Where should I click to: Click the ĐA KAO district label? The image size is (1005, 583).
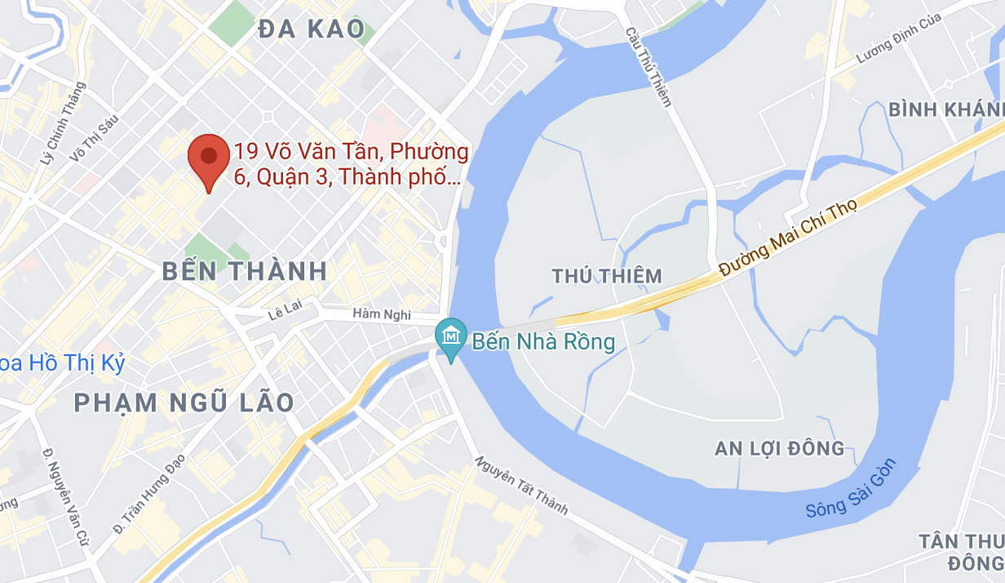click(311, 29)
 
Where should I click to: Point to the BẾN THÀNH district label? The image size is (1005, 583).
click(245, 271)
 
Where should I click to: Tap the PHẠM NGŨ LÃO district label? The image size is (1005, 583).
click(184, 402)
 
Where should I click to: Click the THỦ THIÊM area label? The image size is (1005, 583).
click(607, 276)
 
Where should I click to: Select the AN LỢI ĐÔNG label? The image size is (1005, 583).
click(779, 448)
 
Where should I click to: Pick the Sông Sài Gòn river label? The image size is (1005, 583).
click(852, 489)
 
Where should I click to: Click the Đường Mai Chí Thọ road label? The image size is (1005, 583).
click(789, 240)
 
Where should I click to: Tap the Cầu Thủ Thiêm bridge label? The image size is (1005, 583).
click(649, 67)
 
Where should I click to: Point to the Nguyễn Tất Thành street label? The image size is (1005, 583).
click(521, 486)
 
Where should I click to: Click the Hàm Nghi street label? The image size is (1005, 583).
click(382, 314)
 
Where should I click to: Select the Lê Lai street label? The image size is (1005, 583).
click(286, 315)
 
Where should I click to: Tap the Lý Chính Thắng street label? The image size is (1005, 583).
click(62, 127)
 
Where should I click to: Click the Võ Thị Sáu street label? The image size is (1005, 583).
click(95, 136)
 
